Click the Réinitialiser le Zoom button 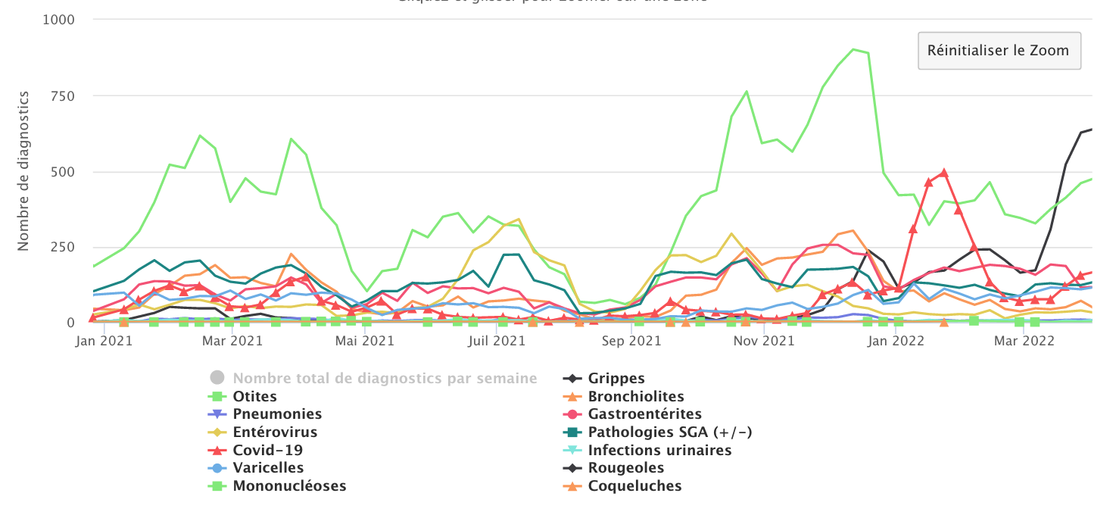999,51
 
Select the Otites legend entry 254,396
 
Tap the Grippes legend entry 616,378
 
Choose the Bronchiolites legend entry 636,396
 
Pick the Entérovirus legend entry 275,432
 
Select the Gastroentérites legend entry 644,414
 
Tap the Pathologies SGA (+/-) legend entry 669,432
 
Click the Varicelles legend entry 268,468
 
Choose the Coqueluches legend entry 634,486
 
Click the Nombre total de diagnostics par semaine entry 385,378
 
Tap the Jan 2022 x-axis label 898,341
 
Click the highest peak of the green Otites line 853,50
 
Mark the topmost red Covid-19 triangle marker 943,173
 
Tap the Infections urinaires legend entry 659,450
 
